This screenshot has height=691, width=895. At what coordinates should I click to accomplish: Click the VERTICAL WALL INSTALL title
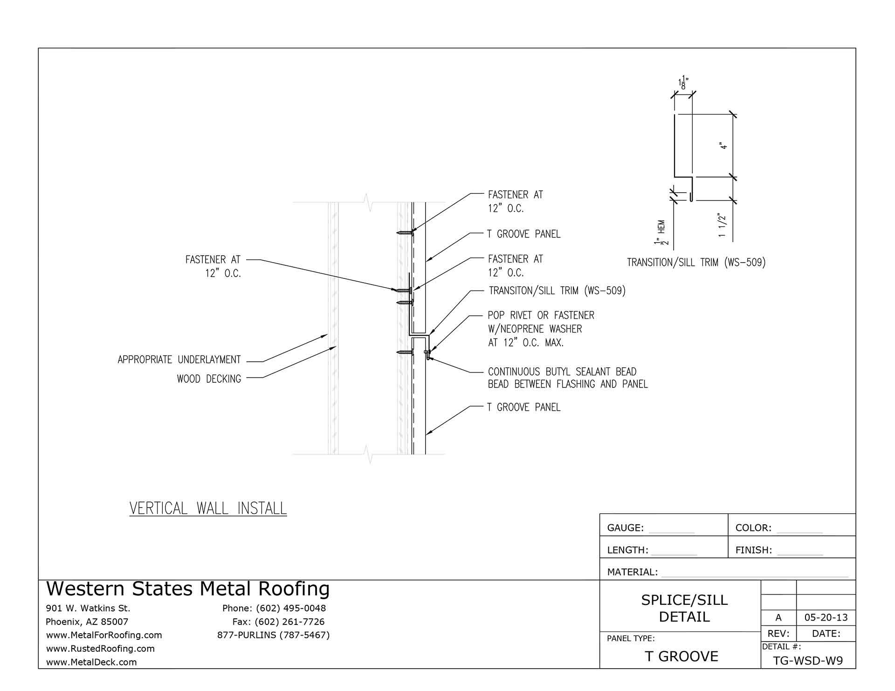(208, 508)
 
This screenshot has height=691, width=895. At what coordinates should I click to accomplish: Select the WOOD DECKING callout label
(209, 379)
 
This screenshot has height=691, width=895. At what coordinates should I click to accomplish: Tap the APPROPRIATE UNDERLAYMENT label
(179, 359)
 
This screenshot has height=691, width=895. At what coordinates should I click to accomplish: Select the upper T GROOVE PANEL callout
(523, 234)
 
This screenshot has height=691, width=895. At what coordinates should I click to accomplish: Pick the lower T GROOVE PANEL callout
(523, 407)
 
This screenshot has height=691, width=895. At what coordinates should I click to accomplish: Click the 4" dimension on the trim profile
(724, 146)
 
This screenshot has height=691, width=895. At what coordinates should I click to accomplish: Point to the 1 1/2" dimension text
(723, 225)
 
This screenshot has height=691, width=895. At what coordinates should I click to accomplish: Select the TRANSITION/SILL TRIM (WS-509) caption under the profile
(696, 263)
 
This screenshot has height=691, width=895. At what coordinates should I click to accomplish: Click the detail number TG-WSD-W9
(808, 661)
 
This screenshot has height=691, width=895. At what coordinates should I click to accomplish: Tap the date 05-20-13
(826, 618)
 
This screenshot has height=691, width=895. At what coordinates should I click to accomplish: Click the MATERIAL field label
(632, 572)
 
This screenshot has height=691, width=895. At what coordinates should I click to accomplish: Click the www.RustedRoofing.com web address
(100, 648)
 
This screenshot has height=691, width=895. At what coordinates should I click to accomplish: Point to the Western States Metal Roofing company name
(188, 589)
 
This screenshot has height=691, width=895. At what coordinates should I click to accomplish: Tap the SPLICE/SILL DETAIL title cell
(684, 608)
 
